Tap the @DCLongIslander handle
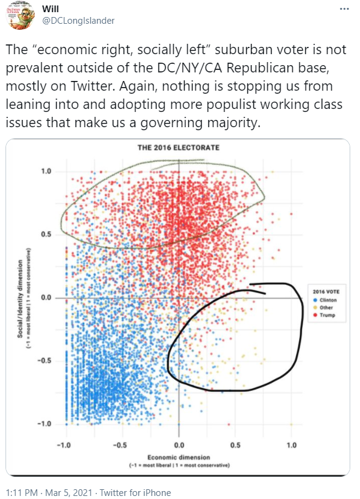(78, 21)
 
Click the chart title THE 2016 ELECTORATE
(178, 148)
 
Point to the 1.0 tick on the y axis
(46, 172)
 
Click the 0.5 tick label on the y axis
(46, 235)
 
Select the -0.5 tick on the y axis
(44, 361)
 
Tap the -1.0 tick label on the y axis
(44, 424)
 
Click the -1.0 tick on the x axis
(63, 445)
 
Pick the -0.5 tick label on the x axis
(121, 445)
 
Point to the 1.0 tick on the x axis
(291, 445)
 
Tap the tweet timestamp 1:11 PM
(19, 493)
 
